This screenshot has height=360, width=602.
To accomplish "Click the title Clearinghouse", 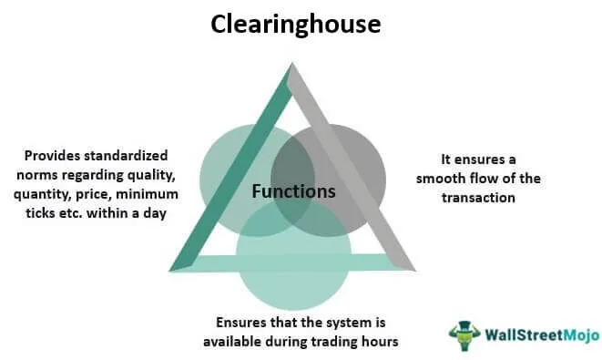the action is click(x=296, y=25).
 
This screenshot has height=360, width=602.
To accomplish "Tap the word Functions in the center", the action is click(x=293, y=191).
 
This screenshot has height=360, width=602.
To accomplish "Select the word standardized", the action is click(x=126, y=156).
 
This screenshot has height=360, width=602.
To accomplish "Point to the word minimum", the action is click(x=147, y=194).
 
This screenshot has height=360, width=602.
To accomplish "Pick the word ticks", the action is click(x=40, y=213).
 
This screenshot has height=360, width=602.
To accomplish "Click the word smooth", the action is click(x=437, y=179).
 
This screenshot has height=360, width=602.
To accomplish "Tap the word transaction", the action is click(x=478, y=198).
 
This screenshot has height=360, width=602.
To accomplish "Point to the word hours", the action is click(x=380, y=342).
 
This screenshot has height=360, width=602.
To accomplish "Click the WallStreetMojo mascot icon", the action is click(x=464, y=335).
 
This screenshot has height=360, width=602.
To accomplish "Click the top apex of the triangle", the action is click(x=291, y=63).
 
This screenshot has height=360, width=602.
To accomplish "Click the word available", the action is click(x=232, y=342).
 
